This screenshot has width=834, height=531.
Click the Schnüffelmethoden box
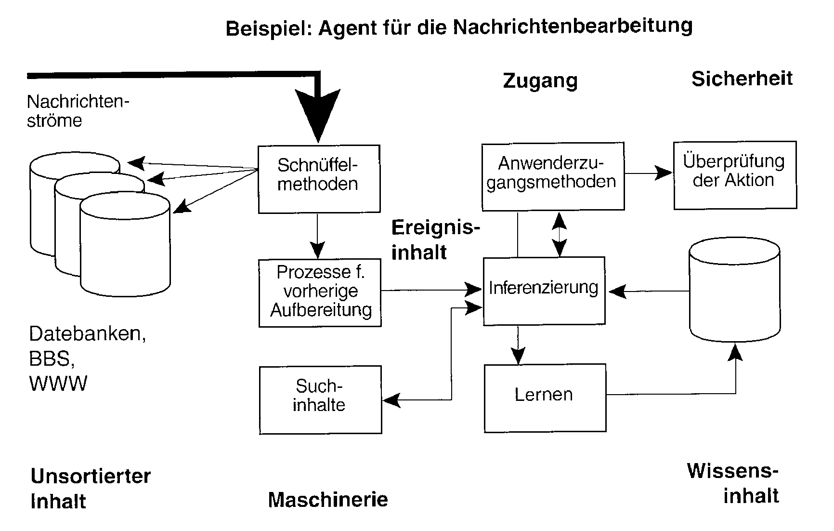319,179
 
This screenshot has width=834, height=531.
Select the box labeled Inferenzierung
544,290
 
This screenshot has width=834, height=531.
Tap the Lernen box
545,398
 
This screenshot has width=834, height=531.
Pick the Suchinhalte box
320,399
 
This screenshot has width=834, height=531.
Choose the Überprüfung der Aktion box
734,175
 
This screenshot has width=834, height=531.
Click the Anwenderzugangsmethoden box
553,176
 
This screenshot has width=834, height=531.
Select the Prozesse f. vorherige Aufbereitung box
320,293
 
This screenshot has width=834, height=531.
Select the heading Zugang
540,80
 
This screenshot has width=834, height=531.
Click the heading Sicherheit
742,79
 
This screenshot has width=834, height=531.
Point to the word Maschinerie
328,500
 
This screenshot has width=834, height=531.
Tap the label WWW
58,384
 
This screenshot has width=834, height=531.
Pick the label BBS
52,358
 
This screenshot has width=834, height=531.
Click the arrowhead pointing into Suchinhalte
391,399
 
